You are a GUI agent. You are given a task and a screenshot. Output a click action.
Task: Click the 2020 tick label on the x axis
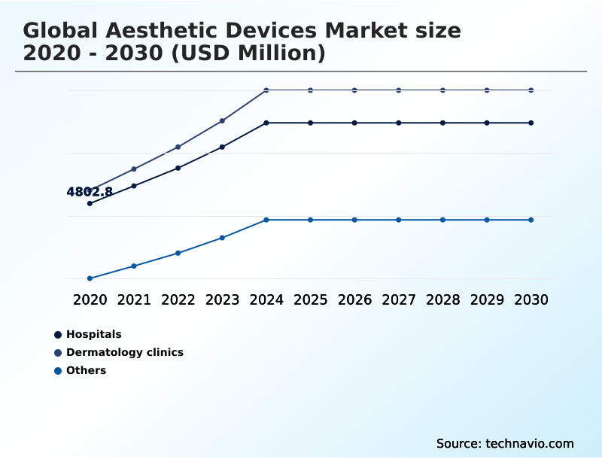[x=90, y=299]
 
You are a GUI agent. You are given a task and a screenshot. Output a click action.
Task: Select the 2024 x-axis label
[x=266, y=299]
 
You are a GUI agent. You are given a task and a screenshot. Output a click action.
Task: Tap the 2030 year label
[x=531, y=299]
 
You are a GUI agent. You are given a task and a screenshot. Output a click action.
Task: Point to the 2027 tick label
[x=399, y=299]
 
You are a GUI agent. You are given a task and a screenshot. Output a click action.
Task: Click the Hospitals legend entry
[x=93, y=334]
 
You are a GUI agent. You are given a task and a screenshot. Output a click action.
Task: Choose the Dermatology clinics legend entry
[x=124, y=352]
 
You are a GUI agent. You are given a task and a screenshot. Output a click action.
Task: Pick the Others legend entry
[x=86, y=370]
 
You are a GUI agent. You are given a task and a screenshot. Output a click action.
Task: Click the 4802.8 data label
[x=90, y=192]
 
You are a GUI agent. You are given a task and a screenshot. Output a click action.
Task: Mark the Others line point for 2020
[x=90, y=278]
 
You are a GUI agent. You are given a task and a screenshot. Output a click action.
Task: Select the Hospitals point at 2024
[x=266, y=123]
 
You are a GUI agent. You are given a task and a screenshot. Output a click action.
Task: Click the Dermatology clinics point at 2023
[x=222, y=120]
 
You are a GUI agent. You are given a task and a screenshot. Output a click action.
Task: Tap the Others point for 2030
[x=531, y=220]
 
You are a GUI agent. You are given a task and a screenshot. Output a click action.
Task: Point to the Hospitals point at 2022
[x=178, y=168]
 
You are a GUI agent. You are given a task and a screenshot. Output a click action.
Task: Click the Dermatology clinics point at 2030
[x=531, y=90]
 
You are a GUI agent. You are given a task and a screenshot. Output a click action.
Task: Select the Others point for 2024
[x=266, y=220]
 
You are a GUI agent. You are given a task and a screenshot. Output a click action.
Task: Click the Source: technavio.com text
[x=505, y=443]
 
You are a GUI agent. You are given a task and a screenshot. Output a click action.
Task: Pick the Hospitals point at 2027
[x=399, y=123]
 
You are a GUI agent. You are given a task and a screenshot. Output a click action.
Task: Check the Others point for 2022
[x=178, y=253]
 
